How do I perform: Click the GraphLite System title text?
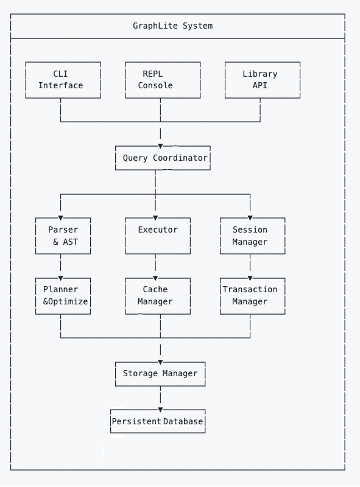pyautogui.click(x=173, y=26)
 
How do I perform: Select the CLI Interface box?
pyautogui.click(x=60, y=80)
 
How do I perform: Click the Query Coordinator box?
pyautogui.click(x=163, y=158)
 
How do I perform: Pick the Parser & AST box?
pyautogui.click(x=63, y=236)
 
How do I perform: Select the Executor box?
pyautogui.click(x=158, y=236)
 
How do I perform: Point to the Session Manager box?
pyautogui.click(x=250, y=236)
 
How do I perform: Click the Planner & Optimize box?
pyautogui.click(x=63, y=295)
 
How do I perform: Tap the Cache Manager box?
pyautogui.click(x=157, y=295)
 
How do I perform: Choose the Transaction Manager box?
pyautogui.click(x=250, y=295)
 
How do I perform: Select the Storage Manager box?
pyautogui.click(x=160, y=373)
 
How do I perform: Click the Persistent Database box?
pyautogui.click(x=158, y=421)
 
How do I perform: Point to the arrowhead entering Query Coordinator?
pyautogui.click(x=161, y=145)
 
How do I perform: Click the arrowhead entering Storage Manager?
pyautogui.click(x=161, y=362)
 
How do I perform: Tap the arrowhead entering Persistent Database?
pyautogui.click(x=161, y=410)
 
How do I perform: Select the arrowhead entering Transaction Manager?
pyautogui.click(x=250, y=278)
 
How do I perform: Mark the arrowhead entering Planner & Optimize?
pyautogui.click(x=60, y=278)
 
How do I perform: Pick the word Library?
pyautogui.click(x=260, y=74)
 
